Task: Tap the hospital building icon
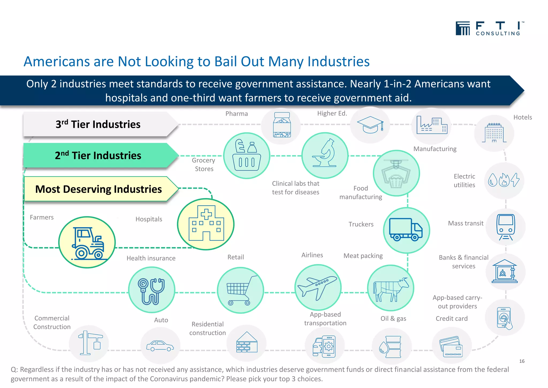(x=206, y=224)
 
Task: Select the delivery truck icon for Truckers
(x=406, y=230)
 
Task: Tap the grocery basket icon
(x=247, y=155)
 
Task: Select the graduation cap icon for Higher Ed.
(x=370, y=124)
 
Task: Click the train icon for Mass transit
(x=505, y=227)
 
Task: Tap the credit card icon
(x=451, y=347)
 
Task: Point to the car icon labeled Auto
(x=160, y=346)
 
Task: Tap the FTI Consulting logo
(x=489, y=29)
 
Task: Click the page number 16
(x=522, y=361)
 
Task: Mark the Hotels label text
(x=522, y=117)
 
